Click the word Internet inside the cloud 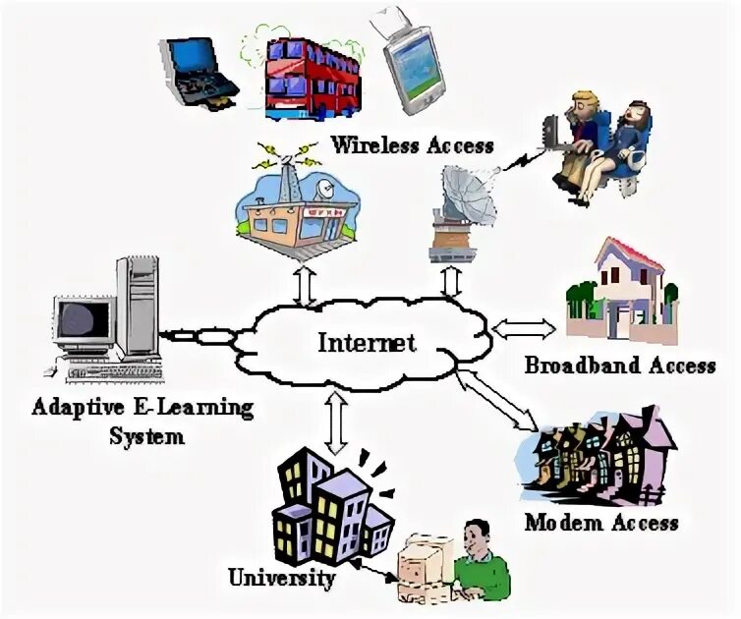[367, 343]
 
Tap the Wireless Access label [412, 145]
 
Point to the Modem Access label [600, 521]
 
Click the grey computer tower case [137, 309]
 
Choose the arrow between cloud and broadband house [525, 327]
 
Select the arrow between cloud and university [336, 422]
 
